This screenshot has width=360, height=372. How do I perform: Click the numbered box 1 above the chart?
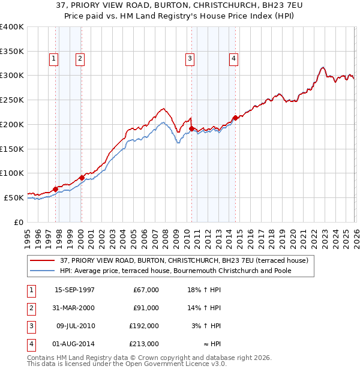(x=54, y=58)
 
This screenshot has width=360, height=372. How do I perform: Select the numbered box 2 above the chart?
(x=79, y=58)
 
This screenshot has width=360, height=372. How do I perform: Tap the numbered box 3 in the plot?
(x=189, y=58)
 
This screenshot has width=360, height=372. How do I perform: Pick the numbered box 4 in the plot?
(x=233, y=58)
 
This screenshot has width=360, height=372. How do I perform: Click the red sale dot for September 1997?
(x=56, y=189)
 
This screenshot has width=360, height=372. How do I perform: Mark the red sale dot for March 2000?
(x=82, y=178)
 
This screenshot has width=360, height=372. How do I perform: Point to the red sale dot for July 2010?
(x=191, y=128)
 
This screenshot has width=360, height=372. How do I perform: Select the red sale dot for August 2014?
(x=235, y=118)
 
